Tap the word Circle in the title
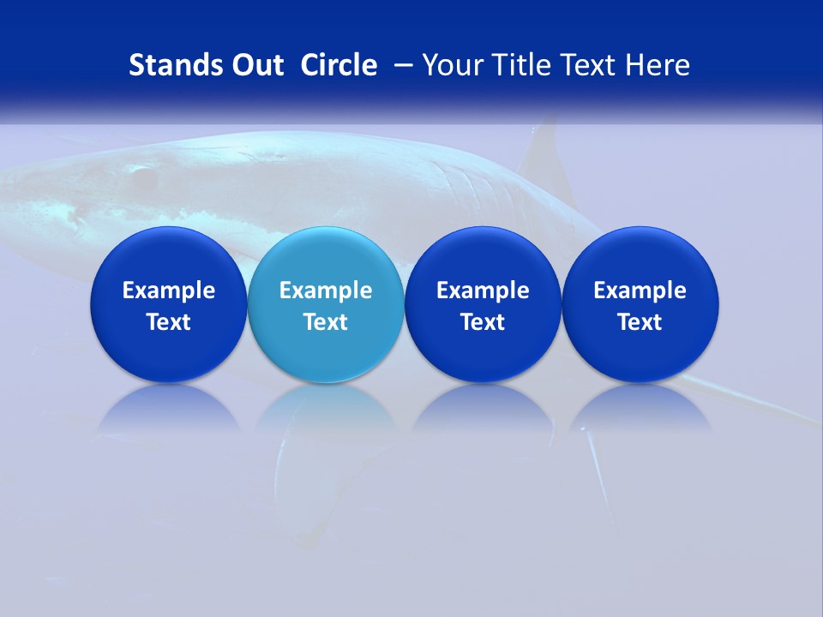[339, 65]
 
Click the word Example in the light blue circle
[326, 291]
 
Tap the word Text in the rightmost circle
[640, 322]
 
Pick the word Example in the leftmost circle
[169, 291]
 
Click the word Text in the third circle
[483, 322]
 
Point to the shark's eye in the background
[140, 177]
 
